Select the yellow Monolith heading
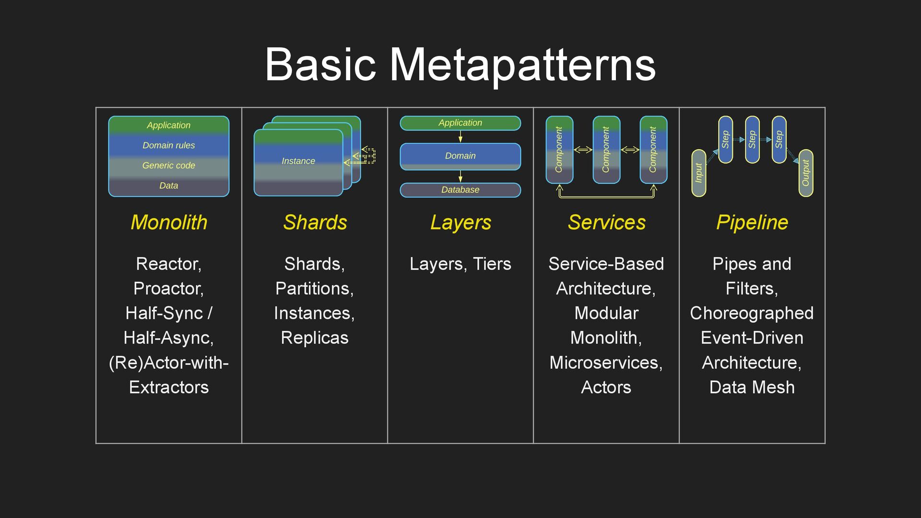pos(169,223)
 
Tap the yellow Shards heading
pos(315,223)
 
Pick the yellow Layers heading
pos(460,223)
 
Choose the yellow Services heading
pos(606,223)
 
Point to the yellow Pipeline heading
pos(752,223)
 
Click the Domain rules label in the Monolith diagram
pos(169,145)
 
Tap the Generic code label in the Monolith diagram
pos(169,165)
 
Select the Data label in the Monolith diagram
pos(169,186)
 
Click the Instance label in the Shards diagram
pos(298,161)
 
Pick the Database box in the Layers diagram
pos(460,190)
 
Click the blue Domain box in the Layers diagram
pos(460,156)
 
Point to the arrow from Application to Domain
pos(460,137)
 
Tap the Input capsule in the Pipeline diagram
pos(699,173)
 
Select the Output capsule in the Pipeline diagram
pos(806,173)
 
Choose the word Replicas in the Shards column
pos(315,338)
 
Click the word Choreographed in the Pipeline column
pos(752,313)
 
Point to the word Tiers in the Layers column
pos(492,264)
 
